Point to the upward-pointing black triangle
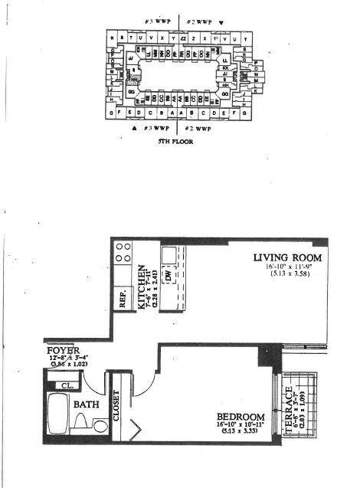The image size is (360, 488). coord(135,128)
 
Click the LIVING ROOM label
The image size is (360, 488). coord(287,258)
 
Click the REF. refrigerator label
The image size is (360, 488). coord(123,300)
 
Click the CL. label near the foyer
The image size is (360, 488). coord(66,385)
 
